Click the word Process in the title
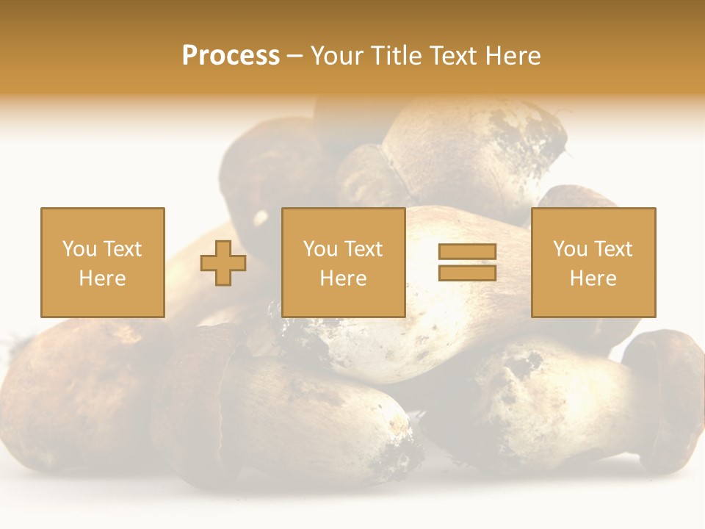click(231, 56)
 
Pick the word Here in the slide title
click(514, 56)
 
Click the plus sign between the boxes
click(224, 263)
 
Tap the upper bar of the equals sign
click(467, 252)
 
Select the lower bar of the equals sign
click(467, 273)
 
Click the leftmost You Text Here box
click(102, 262)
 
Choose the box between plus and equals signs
click(343, 262)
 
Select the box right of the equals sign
click(593, 262)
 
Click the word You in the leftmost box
click(79, 249)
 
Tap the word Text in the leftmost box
click(122, 249)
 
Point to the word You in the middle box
click(320, 249)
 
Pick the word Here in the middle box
click(343, 278)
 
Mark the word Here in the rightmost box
click(593, 278)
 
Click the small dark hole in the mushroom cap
click(260, 217)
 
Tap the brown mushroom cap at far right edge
click(668, 389)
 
